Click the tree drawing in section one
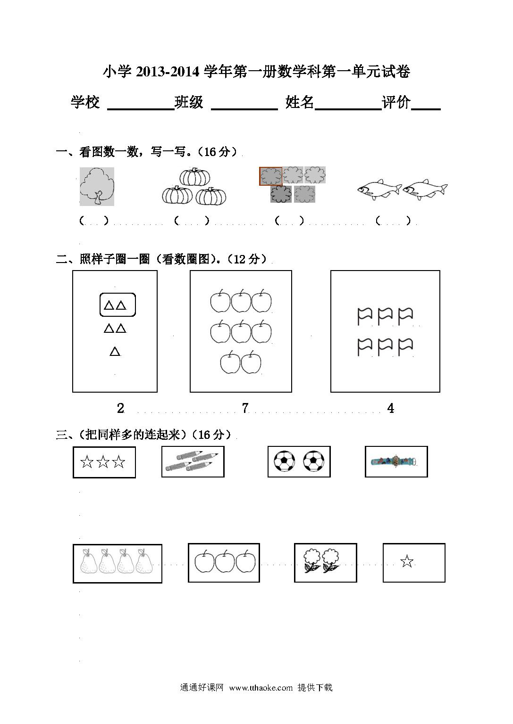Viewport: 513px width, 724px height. (x=97, y=187)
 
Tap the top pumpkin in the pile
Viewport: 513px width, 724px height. (x=195, y=176)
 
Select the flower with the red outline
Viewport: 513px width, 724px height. (x=271, y=176)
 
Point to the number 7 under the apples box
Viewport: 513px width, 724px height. (x=245, y=408)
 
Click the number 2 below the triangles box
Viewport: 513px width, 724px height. (x=120, y=408)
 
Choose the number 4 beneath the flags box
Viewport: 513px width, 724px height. (x=391, y=408)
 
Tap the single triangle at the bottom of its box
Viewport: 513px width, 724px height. (x=115, y=351)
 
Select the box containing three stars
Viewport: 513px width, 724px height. (x=104, y=462)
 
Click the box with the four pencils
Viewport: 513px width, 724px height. (x=193, y=461)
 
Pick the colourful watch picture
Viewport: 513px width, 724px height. (x=394, y=461)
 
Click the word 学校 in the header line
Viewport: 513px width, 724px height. (x=85, y=102)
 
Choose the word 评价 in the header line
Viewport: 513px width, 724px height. (x=396, y=102)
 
